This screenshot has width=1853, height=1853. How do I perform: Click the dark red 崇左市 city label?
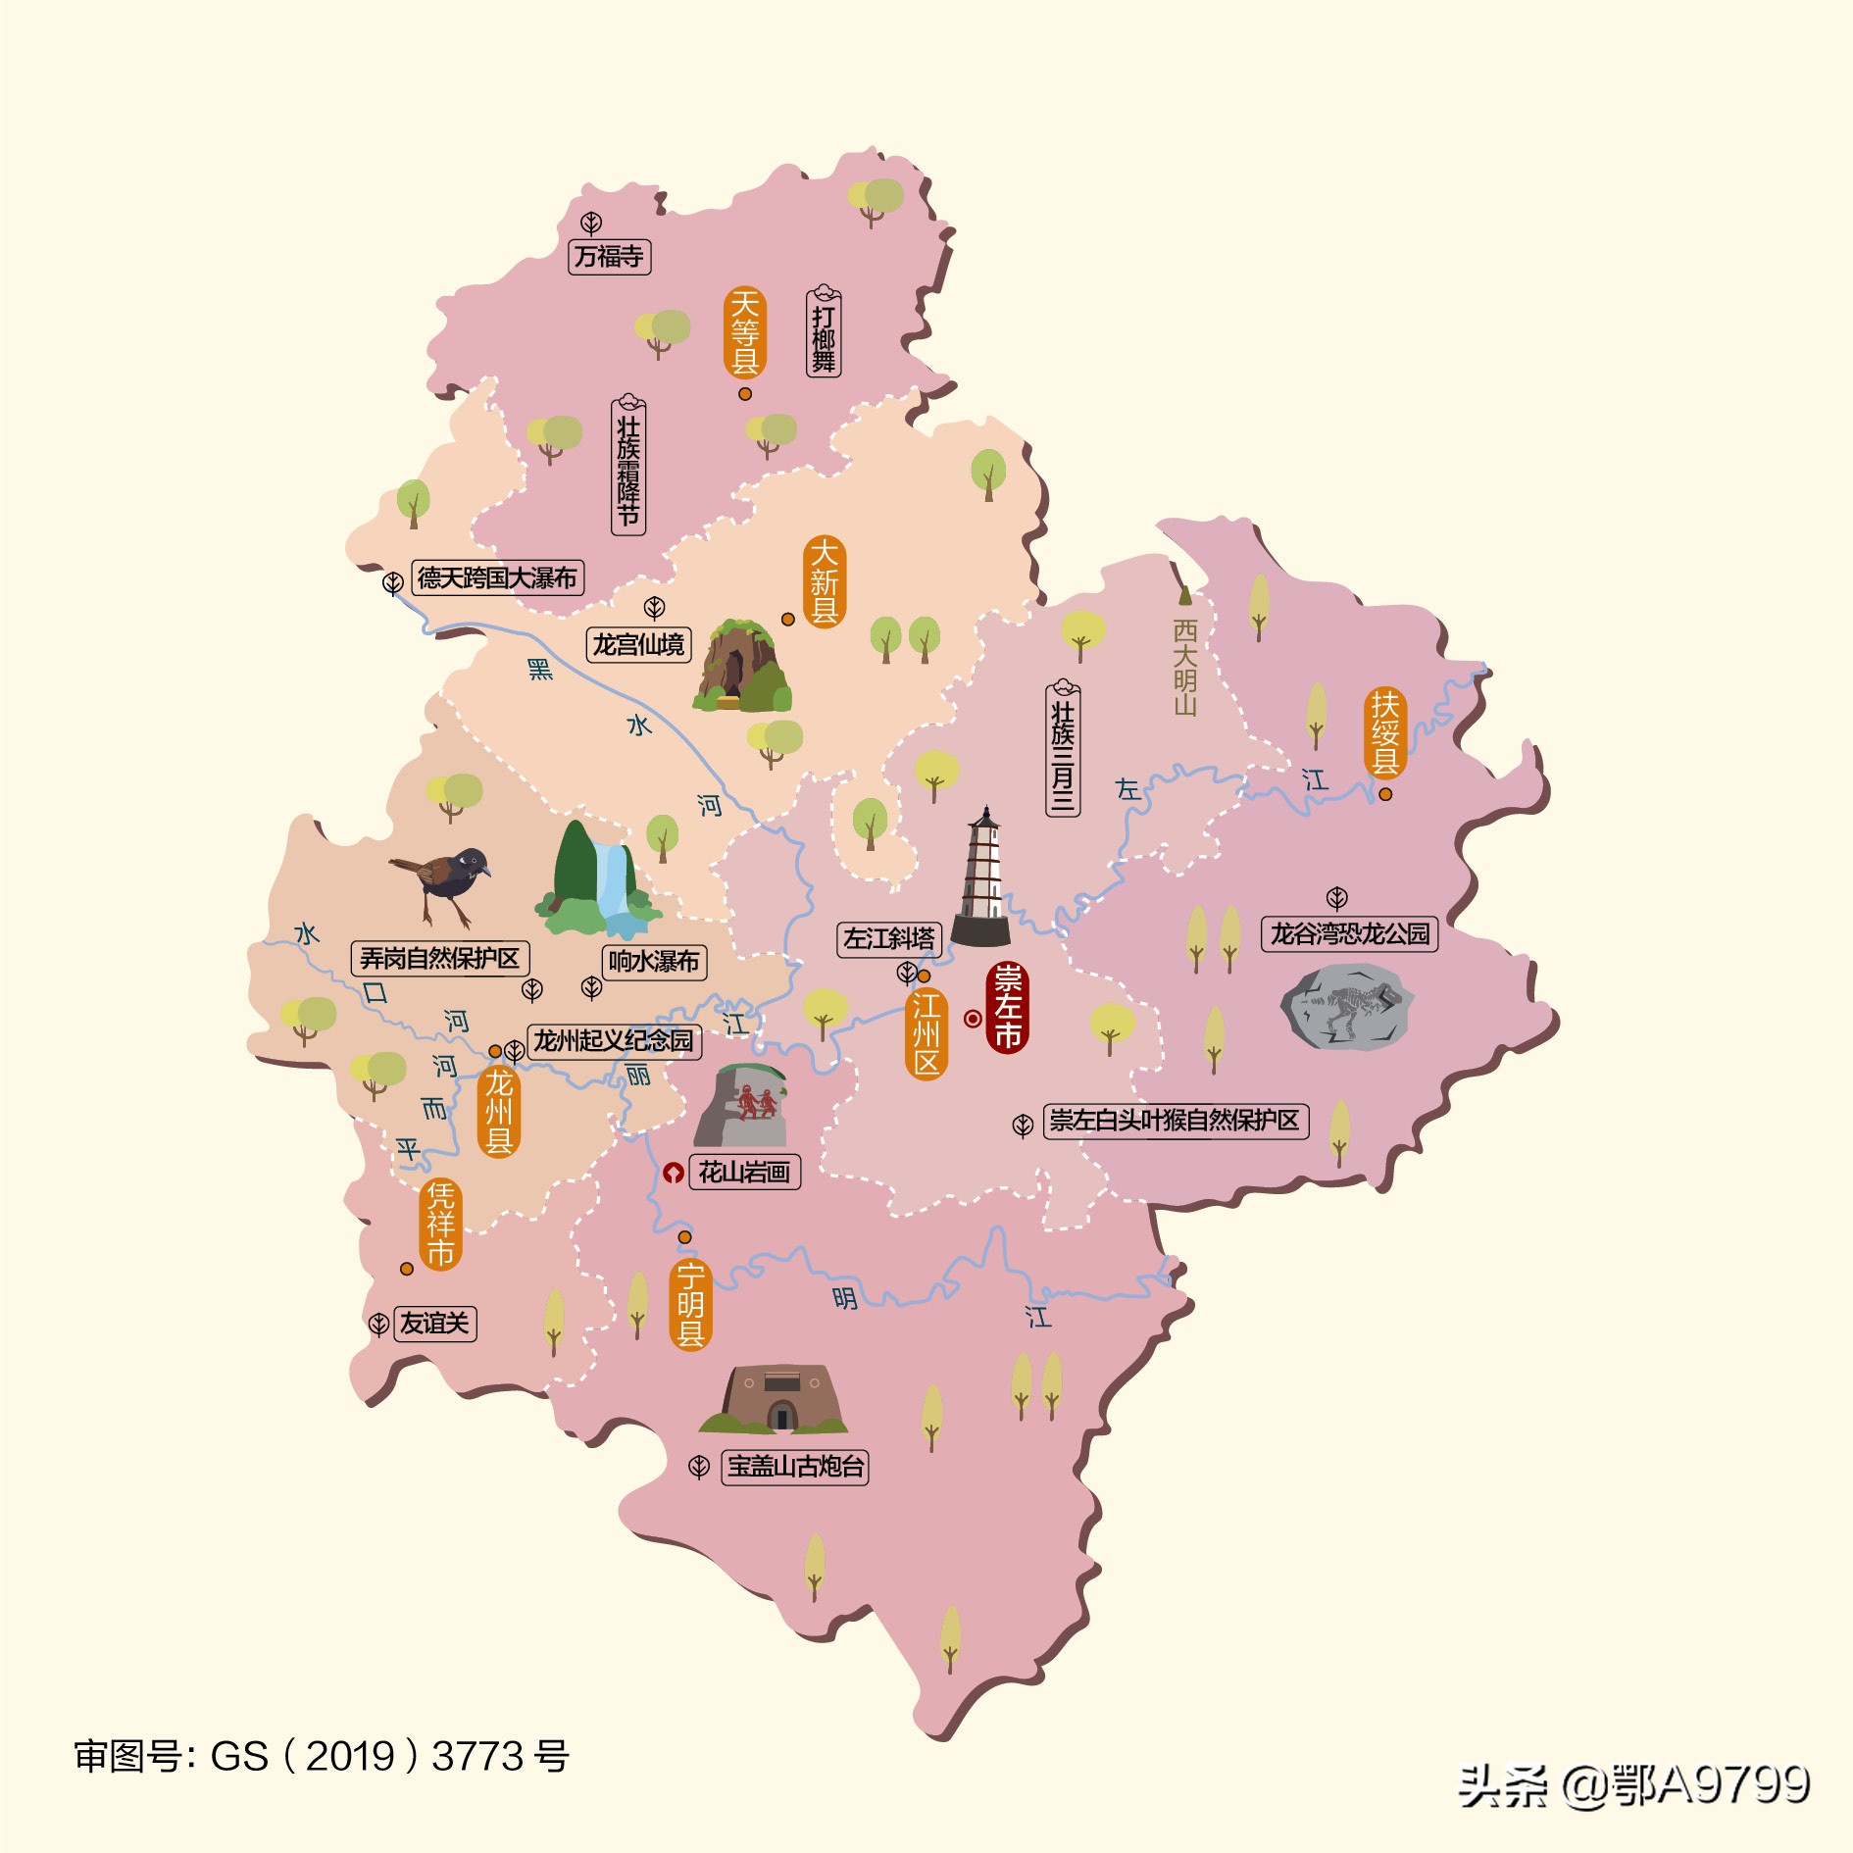tap(1007, 1008)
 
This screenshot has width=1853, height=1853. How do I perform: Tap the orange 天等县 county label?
tap(745, 333)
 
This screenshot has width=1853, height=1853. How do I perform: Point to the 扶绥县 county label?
tap(1384, 732)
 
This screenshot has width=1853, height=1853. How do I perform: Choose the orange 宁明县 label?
tap(690, 1305)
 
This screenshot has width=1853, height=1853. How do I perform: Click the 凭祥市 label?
tap(440, 1225)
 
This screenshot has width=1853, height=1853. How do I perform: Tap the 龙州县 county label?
tap(498, 1112)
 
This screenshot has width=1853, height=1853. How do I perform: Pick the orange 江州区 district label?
tap(926, 1033)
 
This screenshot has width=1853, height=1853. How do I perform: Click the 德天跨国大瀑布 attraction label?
tap(497, 577)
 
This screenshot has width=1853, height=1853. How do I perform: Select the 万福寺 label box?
tap(609, 257)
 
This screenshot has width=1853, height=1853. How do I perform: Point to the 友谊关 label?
tap(434, 1324)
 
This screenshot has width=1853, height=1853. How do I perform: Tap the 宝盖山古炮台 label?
tap(795, 1467)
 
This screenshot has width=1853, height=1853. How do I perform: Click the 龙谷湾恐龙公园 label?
tap(1349, 933)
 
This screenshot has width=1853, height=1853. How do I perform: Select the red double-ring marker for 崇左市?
tap(972, 1019)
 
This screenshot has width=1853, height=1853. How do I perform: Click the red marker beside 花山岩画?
tap(673, 1173)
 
